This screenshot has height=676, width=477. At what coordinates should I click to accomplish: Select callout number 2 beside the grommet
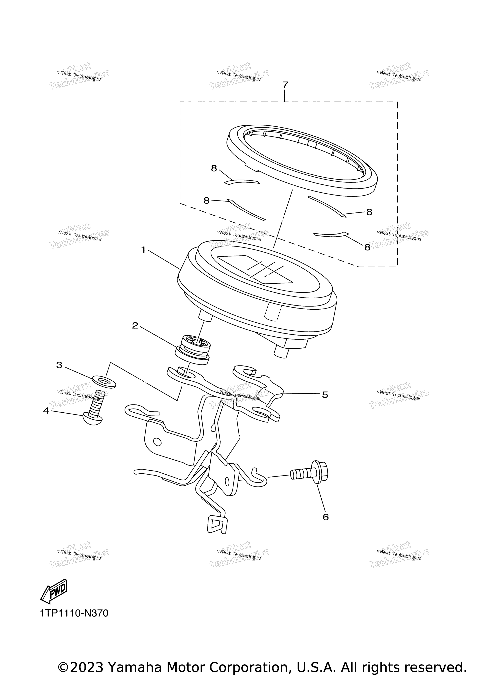(x=135, y=326)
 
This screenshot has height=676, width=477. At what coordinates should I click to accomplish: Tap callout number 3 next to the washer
(x=59, y=365)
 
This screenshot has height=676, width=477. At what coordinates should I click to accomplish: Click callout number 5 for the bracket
(x=325, y=395)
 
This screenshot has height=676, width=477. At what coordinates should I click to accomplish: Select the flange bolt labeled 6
(x=309, y=476)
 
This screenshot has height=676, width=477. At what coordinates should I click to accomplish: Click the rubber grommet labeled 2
(x=193, y=351)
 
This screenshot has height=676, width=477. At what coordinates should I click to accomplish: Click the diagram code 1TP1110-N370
(x=74, y=621)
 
